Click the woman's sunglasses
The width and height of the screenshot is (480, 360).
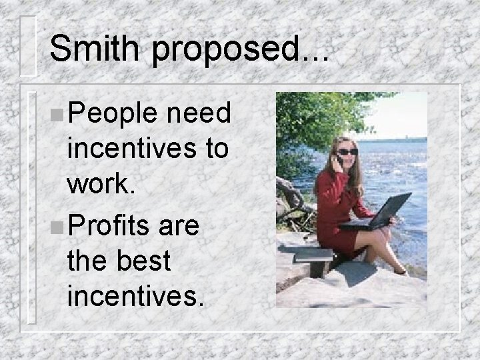coord(348,152)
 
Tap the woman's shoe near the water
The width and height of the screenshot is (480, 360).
coord(400,271)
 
